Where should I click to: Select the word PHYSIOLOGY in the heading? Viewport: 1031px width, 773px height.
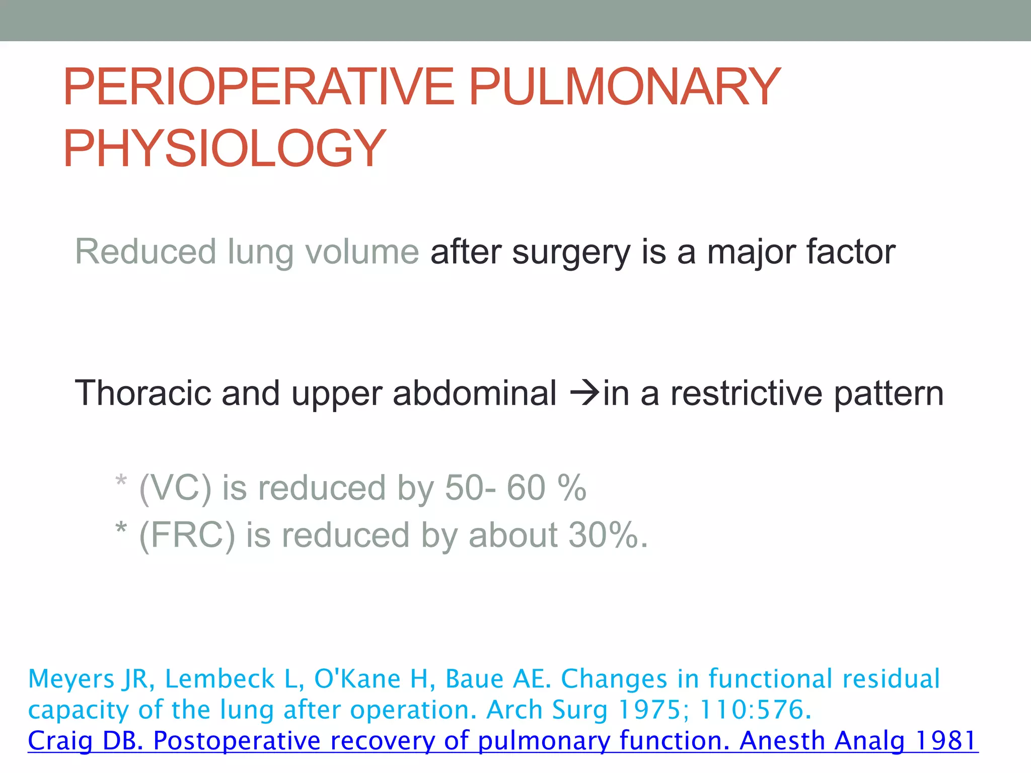pyautogui.click(x=225, y=148)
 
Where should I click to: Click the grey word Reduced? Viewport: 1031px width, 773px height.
pyautogui.click(x=145, y=252)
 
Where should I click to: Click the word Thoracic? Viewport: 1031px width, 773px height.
pyautogui.click(x=142, y=393)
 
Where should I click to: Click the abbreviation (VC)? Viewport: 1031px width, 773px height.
pyautogui.click(x=175, y=488)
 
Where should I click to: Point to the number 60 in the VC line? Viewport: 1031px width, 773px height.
pyautogui.click(x=526, y=488)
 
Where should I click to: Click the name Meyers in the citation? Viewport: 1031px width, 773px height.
pyautogui.click(x=71, y=679)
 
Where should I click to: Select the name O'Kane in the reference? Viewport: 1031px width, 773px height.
pyautogui.click(x=357, y=678)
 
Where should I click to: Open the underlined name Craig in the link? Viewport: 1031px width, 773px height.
pyautogui.click(x=60, y=741)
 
